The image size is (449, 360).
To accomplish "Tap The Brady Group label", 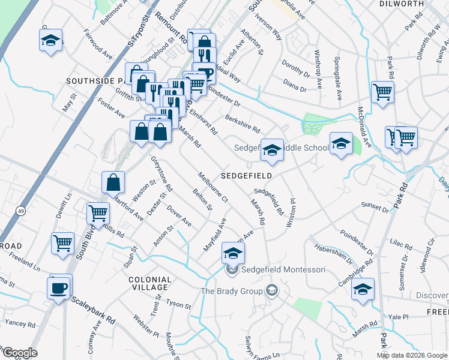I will pos(232,291).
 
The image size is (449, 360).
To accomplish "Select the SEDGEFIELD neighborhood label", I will pos(246,176).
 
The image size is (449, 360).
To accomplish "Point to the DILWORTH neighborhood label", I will pos(402,4).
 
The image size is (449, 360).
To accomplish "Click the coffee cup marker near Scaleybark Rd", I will pos(59,287).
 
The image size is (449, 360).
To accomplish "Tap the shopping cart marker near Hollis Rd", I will pos(98,212).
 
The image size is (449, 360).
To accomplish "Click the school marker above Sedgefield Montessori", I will pos(233,253).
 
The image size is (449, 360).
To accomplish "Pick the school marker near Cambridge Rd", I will pos(363,289).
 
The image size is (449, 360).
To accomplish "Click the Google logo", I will pos(19,353).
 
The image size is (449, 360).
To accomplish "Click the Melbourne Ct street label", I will pos(213,187).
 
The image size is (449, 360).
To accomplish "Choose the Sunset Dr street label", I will pos(375,208).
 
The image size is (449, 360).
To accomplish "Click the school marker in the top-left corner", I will pos(50,41).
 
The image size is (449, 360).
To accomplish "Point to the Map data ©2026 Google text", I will pos(411,355).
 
